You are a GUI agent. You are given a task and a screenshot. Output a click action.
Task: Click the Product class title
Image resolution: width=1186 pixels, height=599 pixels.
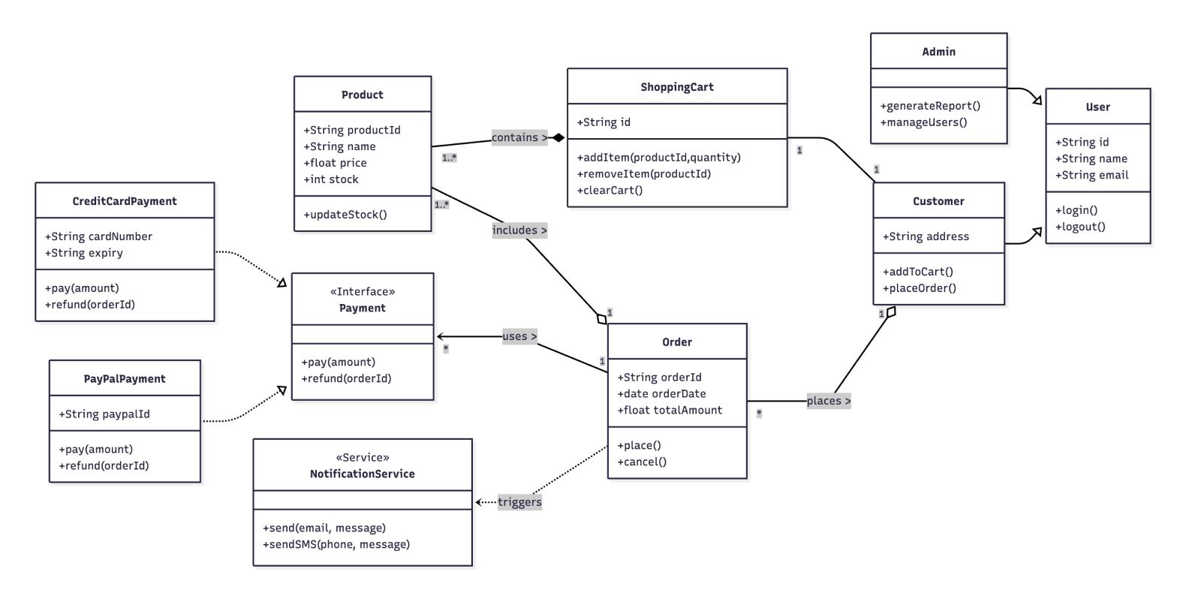pos(362,95)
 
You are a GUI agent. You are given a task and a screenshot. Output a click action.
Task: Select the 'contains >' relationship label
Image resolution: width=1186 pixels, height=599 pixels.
pos(519,137)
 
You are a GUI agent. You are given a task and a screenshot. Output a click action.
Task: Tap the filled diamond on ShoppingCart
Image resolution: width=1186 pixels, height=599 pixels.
pos(557,137)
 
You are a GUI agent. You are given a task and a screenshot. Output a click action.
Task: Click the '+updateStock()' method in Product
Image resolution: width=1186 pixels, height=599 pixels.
pos(345,215)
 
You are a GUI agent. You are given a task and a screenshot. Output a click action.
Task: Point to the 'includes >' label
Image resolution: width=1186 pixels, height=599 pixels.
pos(519,230)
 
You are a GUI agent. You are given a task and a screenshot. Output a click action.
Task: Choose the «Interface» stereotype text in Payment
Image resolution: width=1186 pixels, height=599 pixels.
pos(363,292)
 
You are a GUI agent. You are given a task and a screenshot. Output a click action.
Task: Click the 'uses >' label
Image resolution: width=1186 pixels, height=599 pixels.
pos(519,336)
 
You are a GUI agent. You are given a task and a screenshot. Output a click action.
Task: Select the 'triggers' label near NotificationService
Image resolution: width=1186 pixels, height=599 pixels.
pos(519,502)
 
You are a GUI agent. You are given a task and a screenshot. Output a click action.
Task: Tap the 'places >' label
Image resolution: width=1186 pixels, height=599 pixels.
pos(829,401)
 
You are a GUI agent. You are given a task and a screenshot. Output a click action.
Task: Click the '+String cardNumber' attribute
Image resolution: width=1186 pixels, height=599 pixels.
pos(98,236)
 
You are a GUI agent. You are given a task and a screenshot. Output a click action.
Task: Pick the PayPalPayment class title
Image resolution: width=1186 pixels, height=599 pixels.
pos(125,379)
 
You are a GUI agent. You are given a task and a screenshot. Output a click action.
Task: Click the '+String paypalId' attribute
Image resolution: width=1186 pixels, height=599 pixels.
pos(104,414)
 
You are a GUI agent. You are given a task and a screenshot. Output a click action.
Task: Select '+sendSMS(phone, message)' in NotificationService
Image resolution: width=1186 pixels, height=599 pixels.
pos(336,544)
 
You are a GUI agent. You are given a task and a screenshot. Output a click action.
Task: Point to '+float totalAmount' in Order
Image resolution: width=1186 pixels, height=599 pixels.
pos(670,410)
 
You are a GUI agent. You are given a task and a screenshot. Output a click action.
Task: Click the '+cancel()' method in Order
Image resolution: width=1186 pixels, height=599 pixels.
pos(642,462)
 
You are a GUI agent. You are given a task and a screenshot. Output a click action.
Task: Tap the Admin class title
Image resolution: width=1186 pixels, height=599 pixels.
pos(938,52)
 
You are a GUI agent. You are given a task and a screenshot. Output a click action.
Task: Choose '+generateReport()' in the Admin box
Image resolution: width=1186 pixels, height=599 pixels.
pos(931,106)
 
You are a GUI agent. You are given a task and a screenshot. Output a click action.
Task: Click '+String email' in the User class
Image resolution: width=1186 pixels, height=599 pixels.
pos(1091,175)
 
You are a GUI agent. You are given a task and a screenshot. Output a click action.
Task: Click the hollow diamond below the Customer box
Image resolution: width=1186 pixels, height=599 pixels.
pos(890,312)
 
